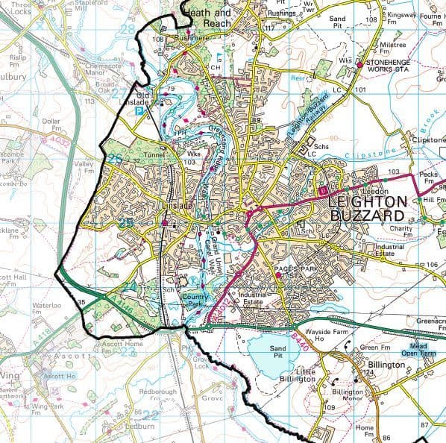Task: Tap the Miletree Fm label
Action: click(x=393, y=48)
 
